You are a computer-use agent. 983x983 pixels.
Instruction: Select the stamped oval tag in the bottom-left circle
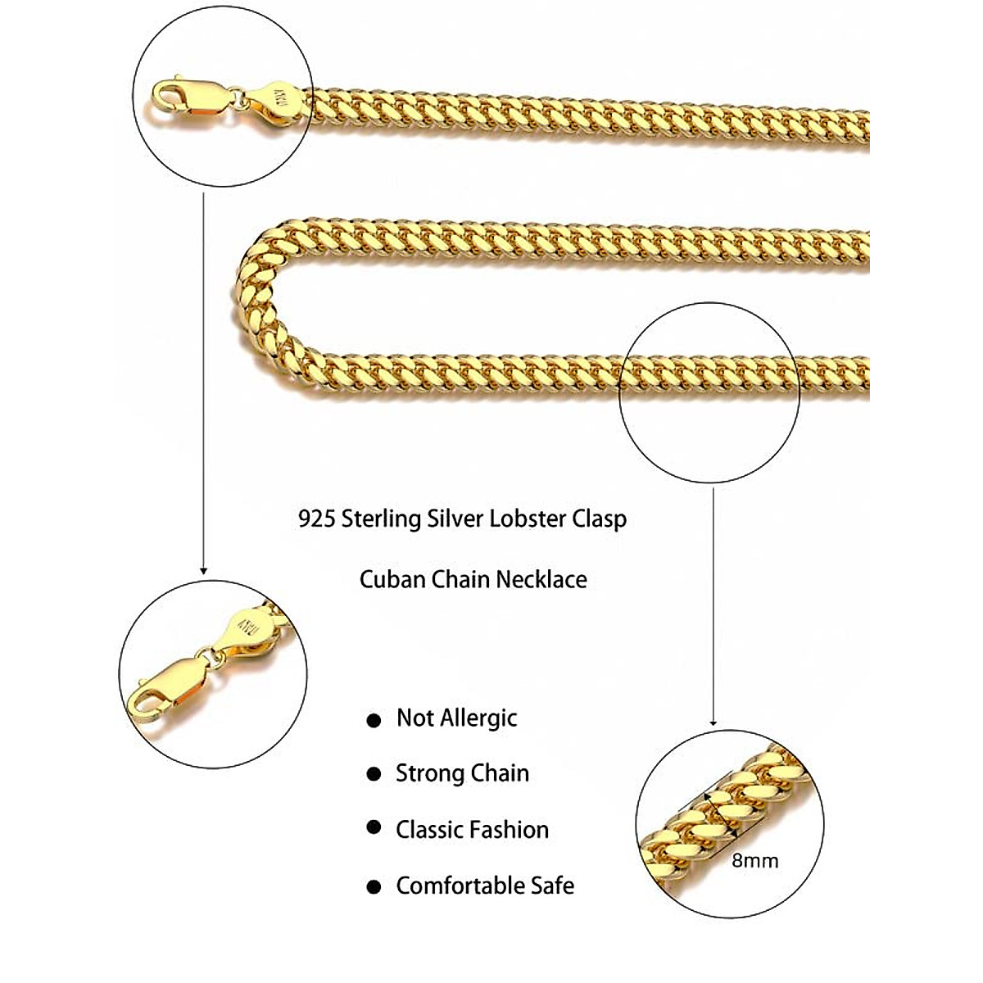click(245, 630)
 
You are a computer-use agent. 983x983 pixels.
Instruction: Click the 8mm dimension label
click(754, 861)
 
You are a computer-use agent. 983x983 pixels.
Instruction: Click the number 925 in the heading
click(316, 519)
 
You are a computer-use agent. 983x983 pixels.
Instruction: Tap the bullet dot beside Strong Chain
click(374, 774)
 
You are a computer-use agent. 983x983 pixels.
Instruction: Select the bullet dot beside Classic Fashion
click(374, 828)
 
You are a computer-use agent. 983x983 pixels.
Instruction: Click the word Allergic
click(478, 718)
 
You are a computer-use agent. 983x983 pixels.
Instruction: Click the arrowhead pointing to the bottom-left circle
click(203, 569)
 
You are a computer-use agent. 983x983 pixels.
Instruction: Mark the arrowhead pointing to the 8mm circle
click(713, 722)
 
